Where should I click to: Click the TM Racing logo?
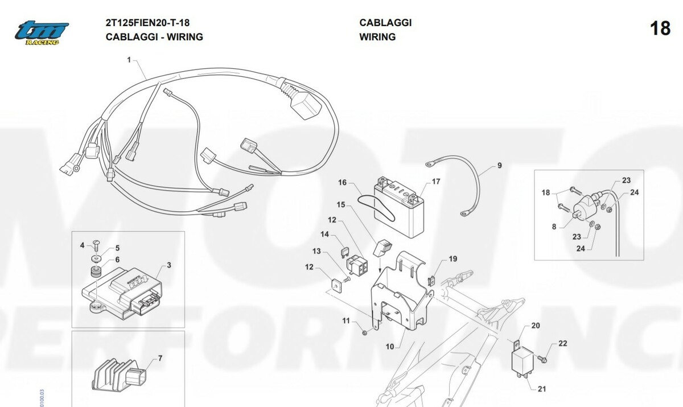(42, 32)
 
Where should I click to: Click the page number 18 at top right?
(660, 28)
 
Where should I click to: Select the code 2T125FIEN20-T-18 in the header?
(148, 23)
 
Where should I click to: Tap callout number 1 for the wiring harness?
(129, 59)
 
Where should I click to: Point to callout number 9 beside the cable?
(499, 166)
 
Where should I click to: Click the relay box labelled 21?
(523, 360)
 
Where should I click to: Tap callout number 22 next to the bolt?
(563, 343)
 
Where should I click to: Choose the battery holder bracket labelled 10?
(398, 296)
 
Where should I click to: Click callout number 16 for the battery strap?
(343, 183)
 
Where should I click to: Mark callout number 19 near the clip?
(452, 259)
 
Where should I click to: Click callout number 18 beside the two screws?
(546, 193)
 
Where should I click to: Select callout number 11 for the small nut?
(345, 322)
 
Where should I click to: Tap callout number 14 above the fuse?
(324, 234)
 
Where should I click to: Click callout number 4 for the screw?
(82, 245)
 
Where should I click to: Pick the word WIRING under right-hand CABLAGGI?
(377, 37)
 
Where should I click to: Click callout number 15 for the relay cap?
(340, 204)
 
